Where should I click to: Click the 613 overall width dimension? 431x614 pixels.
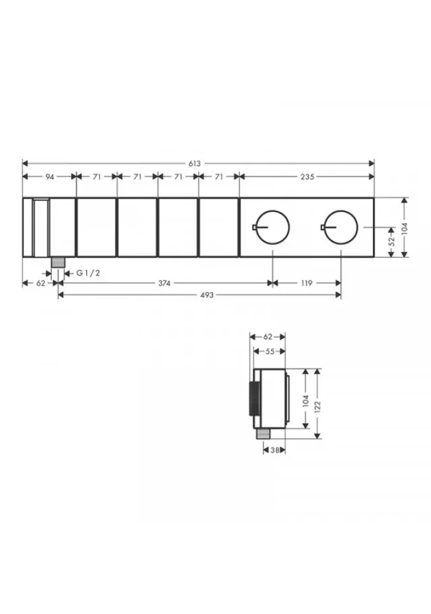(194, 163)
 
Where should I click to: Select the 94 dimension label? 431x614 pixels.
(49, 177)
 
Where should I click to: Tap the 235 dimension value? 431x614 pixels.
(307, 177)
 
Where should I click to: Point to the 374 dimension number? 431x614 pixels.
(164, 283)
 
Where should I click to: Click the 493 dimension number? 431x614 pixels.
(206, 295)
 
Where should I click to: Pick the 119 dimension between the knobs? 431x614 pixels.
(306, 283)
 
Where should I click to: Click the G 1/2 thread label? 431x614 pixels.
(88, 273)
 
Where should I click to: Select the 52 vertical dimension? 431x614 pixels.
(392, 242)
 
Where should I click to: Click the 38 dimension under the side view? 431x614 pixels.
(275, 450)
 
